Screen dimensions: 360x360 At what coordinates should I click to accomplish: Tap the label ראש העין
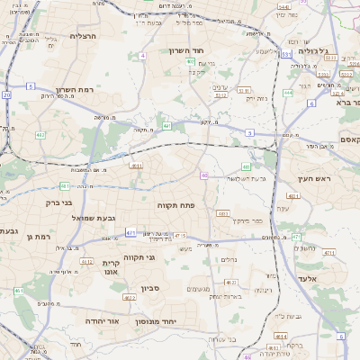tap(312, 179)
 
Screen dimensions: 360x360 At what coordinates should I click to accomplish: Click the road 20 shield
tap(6, 94)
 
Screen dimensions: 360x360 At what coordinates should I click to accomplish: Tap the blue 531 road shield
tap(283, 56)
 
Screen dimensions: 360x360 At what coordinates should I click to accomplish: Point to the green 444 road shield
tap(288, 93)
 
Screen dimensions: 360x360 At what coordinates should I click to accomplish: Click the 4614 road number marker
tap(282, 337)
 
